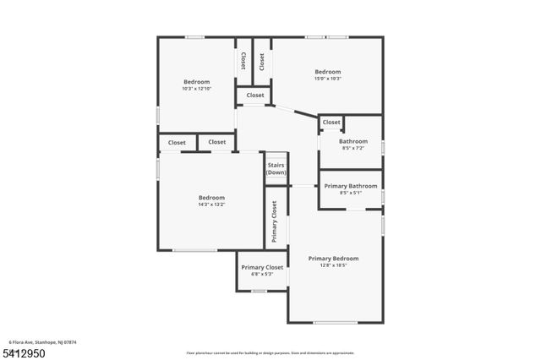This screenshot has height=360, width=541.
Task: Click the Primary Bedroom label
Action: pyautogui.click(x=333, y=259)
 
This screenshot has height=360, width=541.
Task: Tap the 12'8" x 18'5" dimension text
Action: pyautogui.click(x=333, y=265)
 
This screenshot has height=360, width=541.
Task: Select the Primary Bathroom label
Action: pyautogui.click(x=351, y=186)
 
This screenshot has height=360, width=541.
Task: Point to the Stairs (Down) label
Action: pyautogui.click(x=276, y=169)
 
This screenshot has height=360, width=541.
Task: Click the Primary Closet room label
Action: pyautogui.click(x=262, y=267)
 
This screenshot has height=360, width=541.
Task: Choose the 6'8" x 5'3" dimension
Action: pyautogui.click(x=262, y=274)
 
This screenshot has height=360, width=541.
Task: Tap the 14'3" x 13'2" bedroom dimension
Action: pyautogui.click(x=211, y=205)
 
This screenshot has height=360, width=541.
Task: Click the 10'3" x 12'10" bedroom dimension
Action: pyautogui.click(x=196, y=89)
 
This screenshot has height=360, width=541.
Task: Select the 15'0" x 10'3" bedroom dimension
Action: pyautogui.click(x=327, y=79)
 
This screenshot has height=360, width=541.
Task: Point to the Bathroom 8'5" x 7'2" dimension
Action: pyautogui.click(x=353, y=148)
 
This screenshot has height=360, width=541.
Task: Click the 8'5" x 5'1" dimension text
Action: pyautogui.click(x=351, y=193)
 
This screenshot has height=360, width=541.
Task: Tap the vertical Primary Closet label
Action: pyautogui.click(x=275, y=221)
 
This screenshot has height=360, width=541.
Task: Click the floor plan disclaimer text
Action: pyautogui.click(x=270, y=352)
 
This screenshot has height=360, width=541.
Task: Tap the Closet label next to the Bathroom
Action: pyautogui.click(x=331, y=123)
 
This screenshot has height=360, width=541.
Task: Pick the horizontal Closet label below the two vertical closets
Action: pyautogui.click(x=255, y=95)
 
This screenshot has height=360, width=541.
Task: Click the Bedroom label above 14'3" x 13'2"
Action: pyautogui.click(x=211, y=198)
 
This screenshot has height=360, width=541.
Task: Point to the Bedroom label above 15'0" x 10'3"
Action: pyautogui.click(x=327, y=72)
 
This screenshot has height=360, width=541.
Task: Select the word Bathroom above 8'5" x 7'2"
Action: pyautogui.click(x=353, y=141)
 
